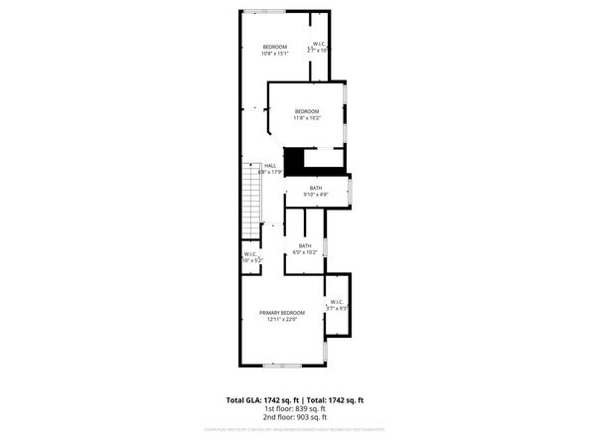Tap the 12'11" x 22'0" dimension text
click(x=282, y=319)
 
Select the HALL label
click(x=269, y=166)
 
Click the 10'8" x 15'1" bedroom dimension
click(x=275, y=54)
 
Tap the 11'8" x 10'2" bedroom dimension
click(x=306, y=117)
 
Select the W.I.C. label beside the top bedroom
click(x=320, y=44)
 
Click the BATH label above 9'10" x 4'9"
click(x=316, y=188)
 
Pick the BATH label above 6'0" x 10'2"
click(x=305, y=245)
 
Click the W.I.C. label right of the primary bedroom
click(x=336, y=302)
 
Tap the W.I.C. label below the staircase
click(x=251, y=254)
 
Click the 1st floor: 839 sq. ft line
click(x=295, y=407)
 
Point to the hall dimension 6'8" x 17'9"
click(x=270, y=173)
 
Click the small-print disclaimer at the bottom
click(x=295, y=429)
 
